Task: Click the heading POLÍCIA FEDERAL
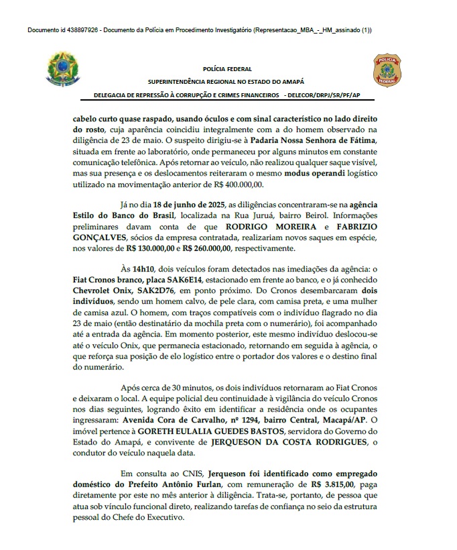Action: (x=227, y=68)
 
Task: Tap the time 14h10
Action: (x=142, y=269)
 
